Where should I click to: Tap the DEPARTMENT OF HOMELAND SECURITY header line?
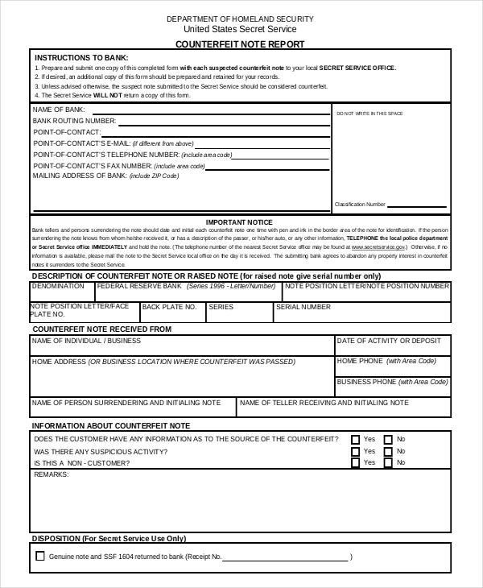240,18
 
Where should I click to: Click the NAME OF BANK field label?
59,109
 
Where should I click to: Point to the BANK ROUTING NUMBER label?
74,120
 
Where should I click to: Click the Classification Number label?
360,205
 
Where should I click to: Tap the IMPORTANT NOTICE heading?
239,222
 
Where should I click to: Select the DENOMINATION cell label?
58,286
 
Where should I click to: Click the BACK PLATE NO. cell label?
169,307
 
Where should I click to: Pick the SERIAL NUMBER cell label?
303,307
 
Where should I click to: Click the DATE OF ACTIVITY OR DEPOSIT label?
389,341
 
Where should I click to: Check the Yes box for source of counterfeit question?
355,440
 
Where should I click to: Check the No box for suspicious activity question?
387,452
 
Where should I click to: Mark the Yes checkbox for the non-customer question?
355,463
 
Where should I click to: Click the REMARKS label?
51,475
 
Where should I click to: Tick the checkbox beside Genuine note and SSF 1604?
40,556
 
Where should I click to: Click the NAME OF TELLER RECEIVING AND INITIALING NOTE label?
324,402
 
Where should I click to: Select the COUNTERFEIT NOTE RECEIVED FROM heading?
101,329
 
